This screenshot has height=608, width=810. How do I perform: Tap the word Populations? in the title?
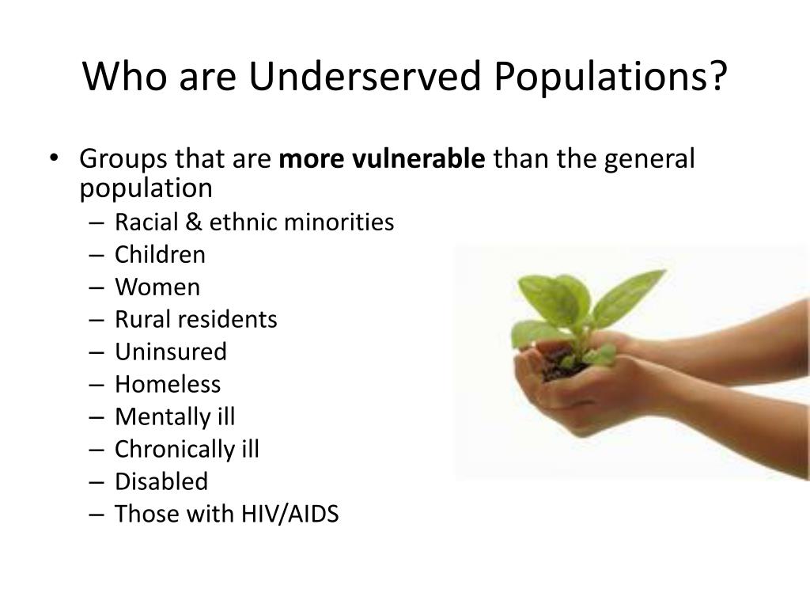[x=611, y=78]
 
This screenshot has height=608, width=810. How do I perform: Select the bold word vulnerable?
[x=418, y=158]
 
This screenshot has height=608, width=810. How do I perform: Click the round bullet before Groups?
[x=54, y=158]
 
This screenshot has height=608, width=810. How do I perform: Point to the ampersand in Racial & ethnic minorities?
[x=193, y=222]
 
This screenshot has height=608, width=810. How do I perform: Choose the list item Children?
[x=160, y=254]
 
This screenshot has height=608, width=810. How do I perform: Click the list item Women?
[x=157, y=287]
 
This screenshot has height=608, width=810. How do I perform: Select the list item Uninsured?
[x=171, y=352]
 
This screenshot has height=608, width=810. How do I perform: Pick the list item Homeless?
[x=168, y=385]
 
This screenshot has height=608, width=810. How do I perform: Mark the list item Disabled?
[x=161, y=482]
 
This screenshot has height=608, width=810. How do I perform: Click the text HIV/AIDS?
[x=290, y=514]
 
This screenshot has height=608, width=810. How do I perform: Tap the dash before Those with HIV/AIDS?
[x=97, y=515]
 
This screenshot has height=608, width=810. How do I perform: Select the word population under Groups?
[x=146, y=188]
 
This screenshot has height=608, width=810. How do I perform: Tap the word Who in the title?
[x=124, y=76]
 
